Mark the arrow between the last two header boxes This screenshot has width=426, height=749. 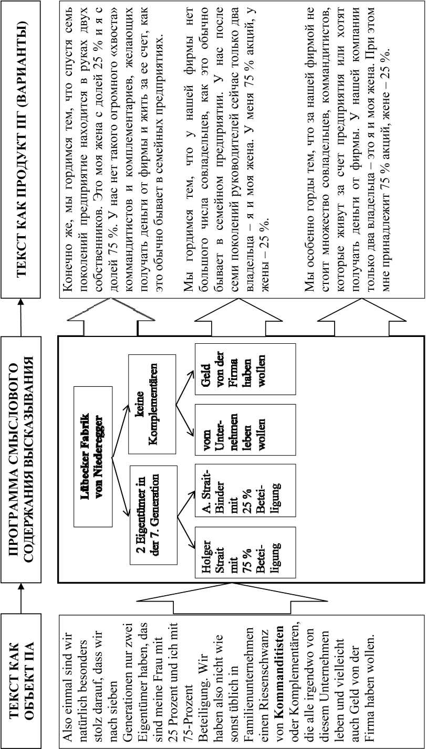point(20,315)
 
